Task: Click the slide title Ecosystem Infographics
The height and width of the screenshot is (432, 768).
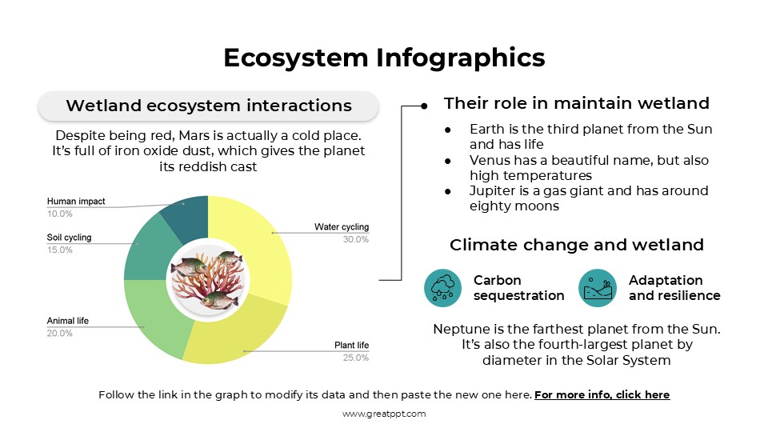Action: click(x=384, y=58)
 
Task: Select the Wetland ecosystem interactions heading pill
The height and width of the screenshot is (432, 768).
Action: click(x=208, y=106)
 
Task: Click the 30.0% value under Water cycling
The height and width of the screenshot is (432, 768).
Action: click(x=355, y=239)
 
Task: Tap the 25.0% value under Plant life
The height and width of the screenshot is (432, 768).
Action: click(x=355, y=358)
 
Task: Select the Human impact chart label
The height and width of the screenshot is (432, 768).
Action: click(x=75, y=202)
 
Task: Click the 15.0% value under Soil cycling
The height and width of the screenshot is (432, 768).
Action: click(x=60, y=250)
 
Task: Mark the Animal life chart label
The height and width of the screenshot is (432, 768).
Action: click(x=68, y=321)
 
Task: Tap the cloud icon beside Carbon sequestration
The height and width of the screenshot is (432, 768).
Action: click(x=443, y=288)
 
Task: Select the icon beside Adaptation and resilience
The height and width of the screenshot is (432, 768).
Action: click(x=598, y=288)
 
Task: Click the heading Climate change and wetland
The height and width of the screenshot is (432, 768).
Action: click(x=576, y=245)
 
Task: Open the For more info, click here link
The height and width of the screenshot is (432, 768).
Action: click(x=602, y=394)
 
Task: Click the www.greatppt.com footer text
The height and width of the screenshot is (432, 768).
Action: click(x=384, y=414)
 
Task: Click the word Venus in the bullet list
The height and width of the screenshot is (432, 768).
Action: click(x=488, y=160)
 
